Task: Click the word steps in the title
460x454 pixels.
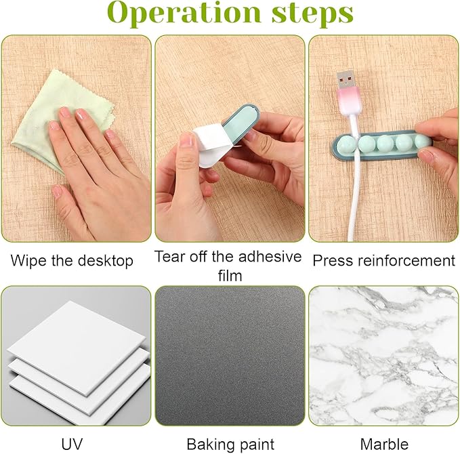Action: tap(312, 13)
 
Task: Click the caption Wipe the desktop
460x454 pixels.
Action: tap(72, 260)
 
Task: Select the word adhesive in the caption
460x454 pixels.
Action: tap(270, 256)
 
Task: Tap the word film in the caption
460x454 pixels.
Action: tap(230, 276)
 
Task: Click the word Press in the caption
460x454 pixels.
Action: tap(333, 261)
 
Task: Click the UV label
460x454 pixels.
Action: tap(72, 444)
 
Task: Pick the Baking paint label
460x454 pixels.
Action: tap(230, 445)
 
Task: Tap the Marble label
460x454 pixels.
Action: tap(384, 444)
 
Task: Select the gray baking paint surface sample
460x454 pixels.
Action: tap(230, 356)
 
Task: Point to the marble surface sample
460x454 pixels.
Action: tap(383, 356)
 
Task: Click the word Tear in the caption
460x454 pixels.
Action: tap(169, 256)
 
